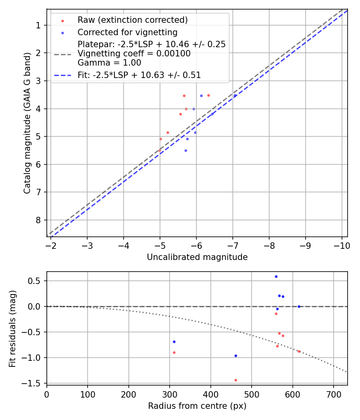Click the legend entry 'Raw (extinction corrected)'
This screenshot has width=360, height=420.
pos(132,20)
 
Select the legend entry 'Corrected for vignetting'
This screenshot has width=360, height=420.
pos(127,32)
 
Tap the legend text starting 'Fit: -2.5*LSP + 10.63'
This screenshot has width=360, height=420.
pos(139,75)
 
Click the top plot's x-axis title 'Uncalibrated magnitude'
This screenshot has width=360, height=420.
pos(197,257)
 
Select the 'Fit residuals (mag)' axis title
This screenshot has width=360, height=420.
pos(13,328)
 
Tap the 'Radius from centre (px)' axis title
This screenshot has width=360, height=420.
pos(197,406)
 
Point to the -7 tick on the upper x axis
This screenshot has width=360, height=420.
pos(233,245)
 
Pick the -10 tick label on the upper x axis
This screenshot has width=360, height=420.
pos(342,245)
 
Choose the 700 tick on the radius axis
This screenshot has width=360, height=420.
pos(334,394)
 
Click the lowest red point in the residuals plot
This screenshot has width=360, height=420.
pos(236,380)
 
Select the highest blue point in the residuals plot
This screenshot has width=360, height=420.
pos(276,276)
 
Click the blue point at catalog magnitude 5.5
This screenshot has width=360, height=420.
pos(186,150)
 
